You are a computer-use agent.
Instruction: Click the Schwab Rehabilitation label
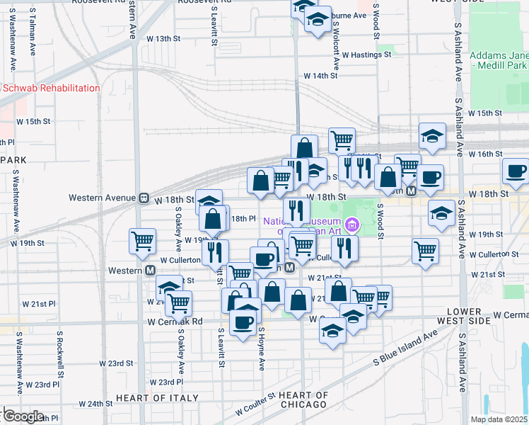51,88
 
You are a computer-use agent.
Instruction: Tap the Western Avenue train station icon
143,198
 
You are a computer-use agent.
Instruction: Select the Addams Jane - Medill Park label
498,61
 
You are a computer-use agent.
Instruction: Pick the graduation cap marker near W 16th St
431,136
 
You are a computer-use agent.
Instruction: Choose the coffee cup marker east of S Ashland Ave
516,170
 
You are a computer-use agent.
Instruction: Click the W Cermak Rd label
175,321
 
